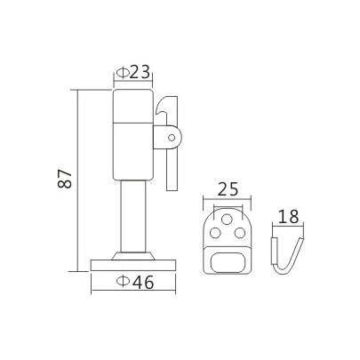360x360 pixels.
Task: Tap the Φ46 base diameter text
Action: click(134, 283)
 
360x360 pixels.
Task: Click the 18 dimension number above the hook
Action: click(287, 216)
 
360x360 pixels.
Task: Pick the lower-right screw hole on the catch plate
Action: click(241, 233)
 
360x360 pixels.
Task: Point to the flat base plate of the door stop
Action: click(135, 263)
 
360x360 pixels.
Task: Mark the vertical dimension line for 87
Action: click(77, 178)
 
